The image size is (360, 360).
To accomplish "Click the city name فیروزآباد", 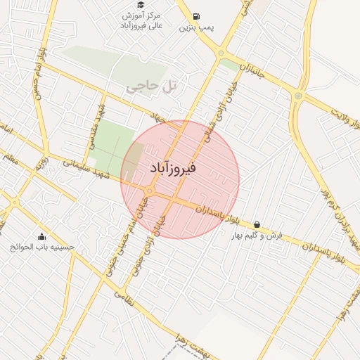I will point(173,169).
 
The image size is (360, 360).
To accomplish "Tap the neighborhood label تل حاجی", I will point(145,86).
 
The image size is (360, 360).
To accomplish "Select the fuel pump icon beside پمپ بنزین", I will point(195,16).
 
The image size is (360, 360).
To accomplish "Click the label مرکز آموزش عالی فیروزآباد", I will point(142,20).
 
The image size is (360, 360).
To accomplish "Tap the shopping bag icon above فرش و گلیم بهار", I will point(256,224).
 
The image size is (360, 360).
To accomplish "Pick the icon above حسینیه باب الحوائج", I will point(41,236).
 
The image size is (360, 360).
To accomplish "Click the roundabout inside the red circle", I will point(150,191).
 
